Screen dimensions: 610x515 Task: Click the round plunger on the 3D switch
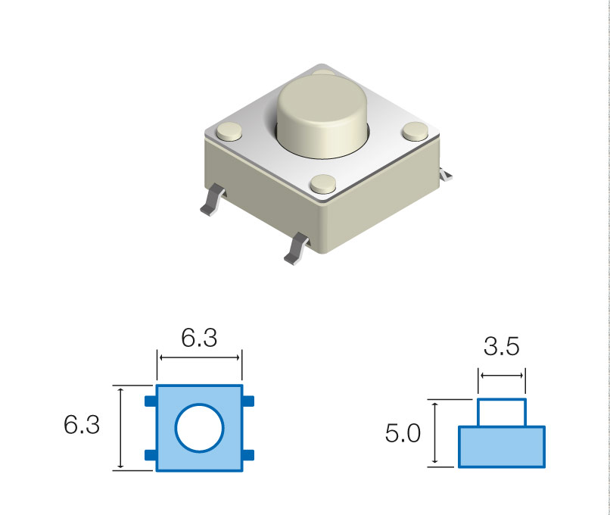pos(322,116)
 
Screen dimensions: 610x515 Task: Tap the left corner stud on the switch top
pos(229,131)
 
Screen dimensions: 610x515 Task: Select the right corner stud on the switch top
pos(415,131)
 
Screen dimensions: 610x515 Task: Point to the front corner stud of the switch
pos(323,184)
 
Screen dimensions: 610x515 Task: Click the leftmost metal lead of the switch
pos(213,200)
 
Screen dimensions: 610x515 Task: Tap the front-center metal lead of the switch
pos(297,248)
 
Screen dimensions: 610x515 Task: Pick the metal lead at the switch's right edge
pos(446,174)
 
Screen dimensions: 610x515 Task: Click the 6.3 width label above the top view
pos(199,338)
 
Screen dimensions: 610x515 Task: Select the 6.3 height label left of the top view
pos(82,424)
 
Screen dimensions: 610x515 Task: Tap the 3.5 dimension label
pos(502,346)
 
